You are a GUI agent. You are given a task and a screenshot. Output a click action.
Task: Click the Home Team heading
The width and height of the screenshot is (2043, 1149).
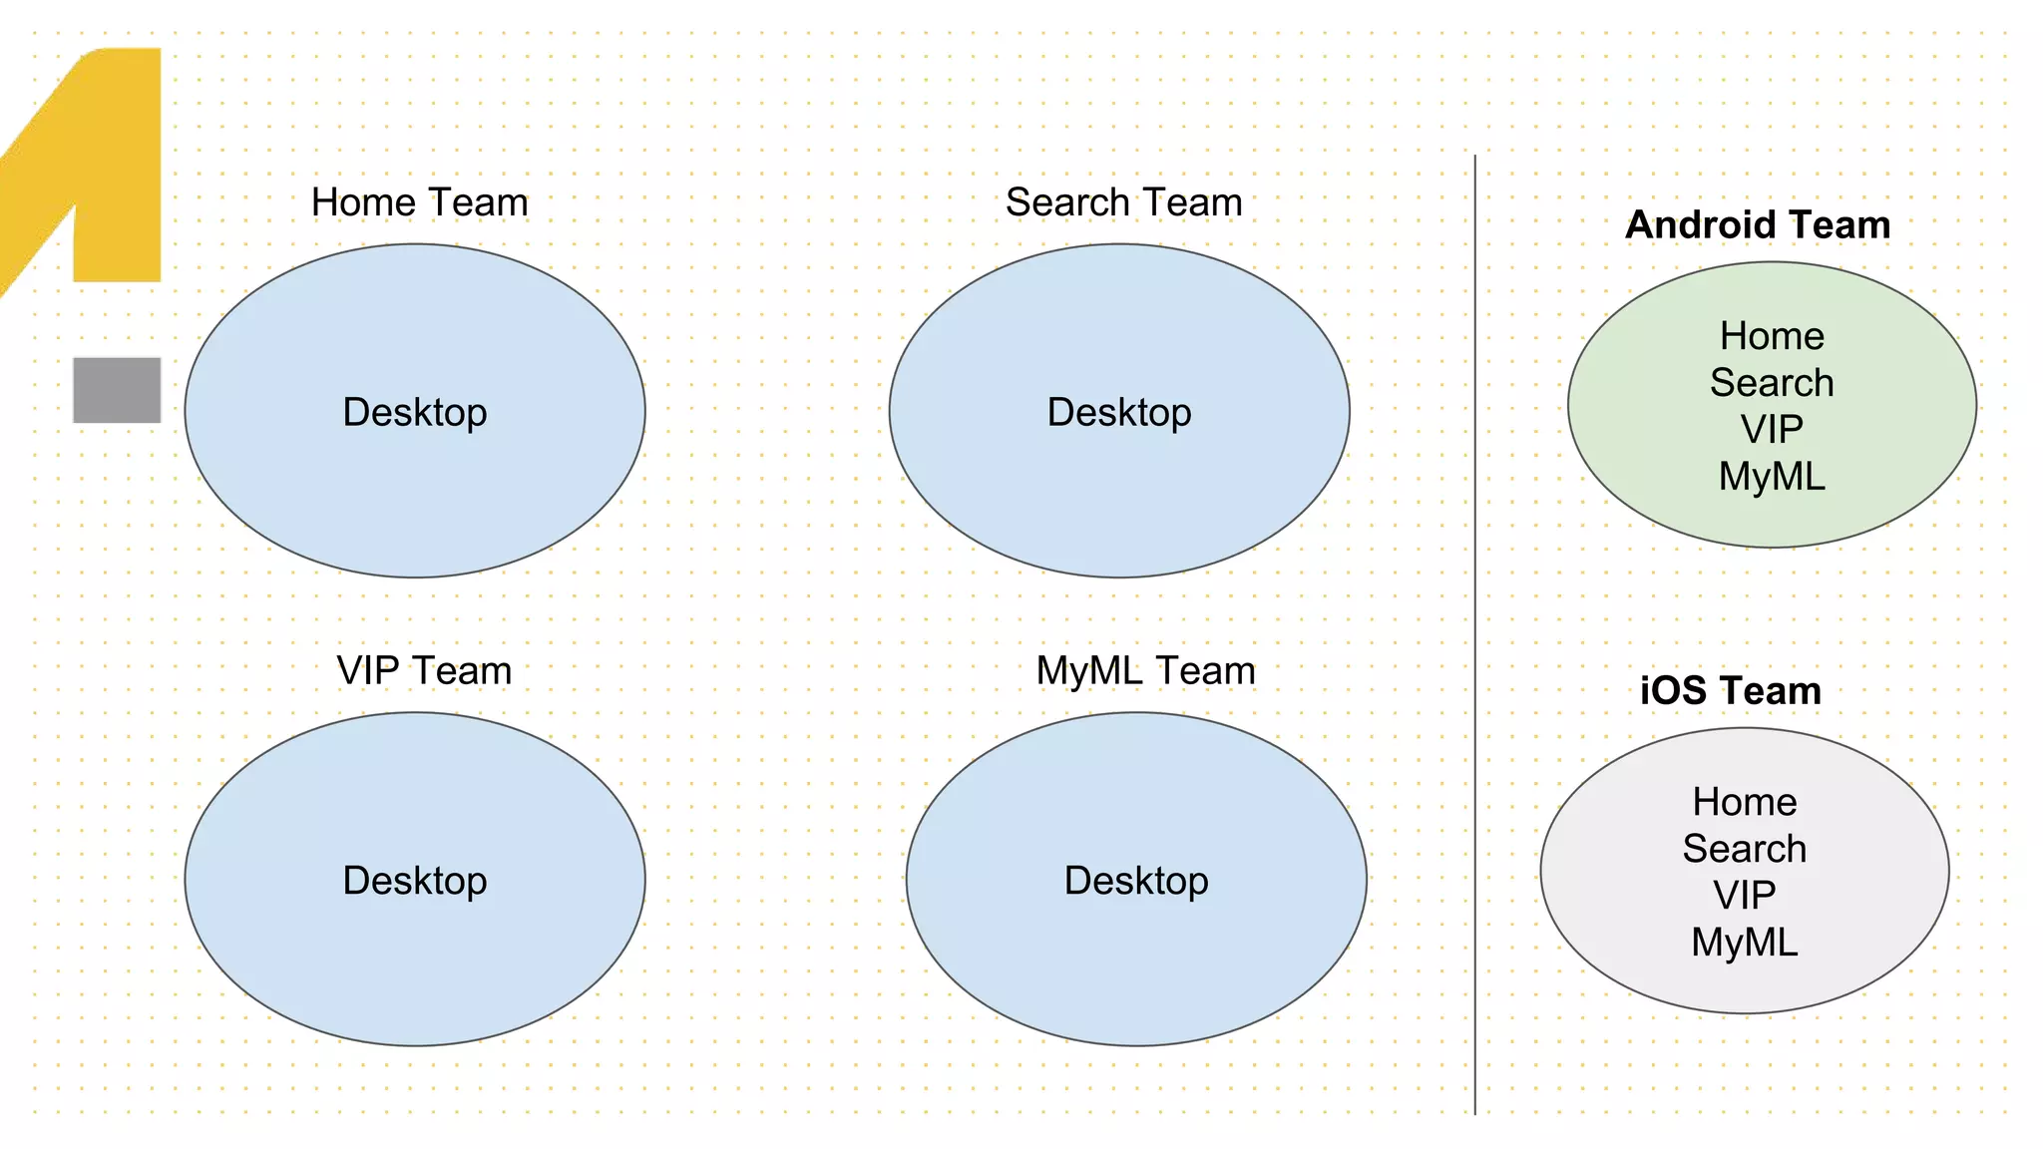[x=419, y=202]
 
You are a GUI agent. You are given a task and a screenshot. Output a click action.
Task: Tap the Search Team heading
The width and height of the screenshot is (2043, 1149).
[x=1123, y=202]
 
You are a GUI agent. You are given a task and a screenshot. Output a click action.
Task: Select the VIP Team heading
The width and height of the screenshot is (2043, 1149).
[x=424, y=670]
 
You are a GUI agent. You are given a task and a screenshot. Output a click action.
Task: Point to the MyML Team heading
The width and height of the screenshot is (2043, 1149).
[x=1145, y=670]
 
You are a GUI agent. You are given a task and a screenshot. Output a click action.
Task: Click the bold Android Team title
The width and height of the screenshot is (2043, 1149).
[x=1758, y=224]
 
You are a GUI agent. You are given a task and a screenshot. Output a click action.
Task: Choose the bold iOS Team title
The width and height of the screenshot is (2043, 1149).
[x=1730, y=690]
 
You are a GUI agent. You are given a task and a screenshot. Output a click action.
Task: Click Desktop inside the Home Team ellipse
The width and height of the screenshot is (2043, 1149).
[x=415, y=412]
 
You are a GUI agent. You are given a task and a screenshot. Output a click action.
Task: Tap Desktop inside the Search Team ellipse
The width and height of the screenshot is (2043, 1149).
[x=1119, y=412]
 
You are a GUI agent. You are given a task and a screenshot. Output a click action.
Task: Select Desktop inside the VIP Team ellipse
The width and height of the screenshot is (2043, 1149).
[x=415, y=880]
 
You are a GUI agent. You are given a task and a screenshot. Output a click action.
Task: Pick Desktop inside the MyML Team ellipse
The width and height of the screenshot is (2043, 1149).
[x=1136, y=880]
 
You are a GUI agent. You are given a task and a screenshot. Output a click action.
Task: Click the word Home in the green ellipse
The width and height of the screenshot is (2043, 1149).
[x=1772, y=336]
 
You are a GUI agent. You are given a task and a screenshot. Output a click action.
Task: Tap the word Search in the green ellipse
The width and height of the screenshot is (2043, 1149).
[x=1772, y=383]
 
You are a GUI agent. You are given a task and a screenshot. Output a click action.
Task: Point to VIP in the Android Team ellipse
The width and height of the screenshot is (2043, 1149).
[x=1772, y=430]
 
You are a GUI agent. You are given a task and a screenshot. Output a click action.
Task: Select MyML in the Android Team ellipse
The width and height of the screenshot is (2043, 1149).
[x=1772, y=477]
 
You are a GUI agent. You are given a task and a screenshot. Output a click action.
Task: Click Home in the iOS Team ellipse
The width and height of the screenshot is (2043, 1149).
[x=1744, y=802]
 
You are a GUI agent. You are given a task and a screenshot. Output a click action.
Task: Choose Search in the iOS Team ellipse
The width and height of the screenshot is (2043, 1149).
[x=1744, y=849]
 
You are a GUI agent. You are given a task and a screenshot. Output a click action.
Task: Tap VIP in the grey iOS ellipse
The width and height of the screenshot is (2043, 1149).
[x=1744, y=896]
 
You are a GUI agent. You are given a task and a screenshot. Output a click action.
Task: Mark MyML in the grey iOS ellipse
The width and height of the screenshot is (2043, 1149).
[x=1744, y=943]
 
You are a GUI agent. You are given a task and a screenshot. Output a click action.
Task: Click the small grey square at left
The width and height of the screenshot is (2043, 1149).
[x=117, y=390]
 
